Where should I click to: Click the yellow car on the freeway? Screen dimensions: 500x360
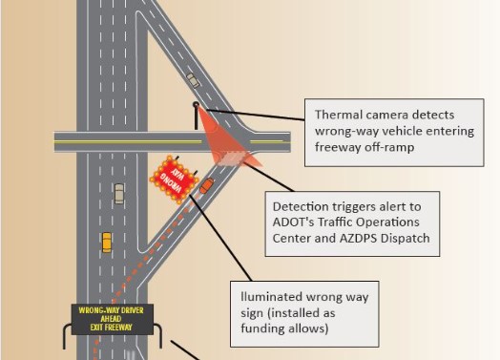click(x=106, y=243)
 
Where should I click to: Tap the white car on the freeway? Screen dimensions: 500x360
click(x=118, y=193)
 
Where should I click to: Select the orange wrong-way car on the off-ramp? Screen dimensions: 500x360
click(x=206, y=185)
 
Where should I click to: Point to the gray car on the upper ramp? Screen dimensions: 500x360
click(x=194, y=81)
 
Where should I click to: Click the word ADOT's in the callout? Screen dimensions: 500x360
click(x=296, y=222)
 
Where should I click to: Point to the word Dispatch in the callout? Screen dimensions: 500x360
click(x=405, y=238)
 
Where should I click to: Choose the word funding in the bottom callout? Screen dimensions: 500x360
click(x=266, y=329)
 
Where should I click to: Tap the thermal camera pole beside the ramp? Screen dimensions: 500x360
click(x=196, y=116)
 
